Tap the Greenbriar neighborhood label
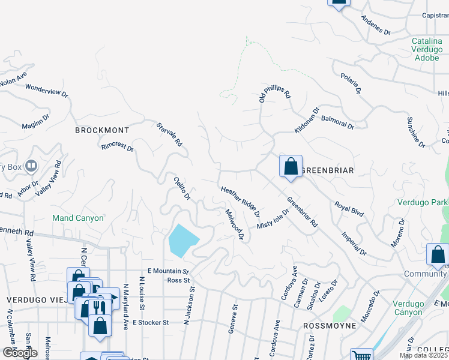pyautogui.click(x=326, y=170)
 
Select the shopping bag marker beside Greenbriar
pyautogui.click(x=291, y=166)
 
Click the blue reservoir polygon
pyautogui.click(x=184, y=241)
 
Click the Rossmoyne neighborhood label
pyautogui.click(x=330, y=325)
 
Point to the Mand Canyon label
pyautogui.click(x=78, y=218)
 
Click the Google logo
pyautogui.click(x=20, y=353)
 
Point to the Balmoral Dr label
pyautogui.click(x=337, y=122)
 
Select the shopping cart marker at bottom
pyautogui.click(x=361, y=355)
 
